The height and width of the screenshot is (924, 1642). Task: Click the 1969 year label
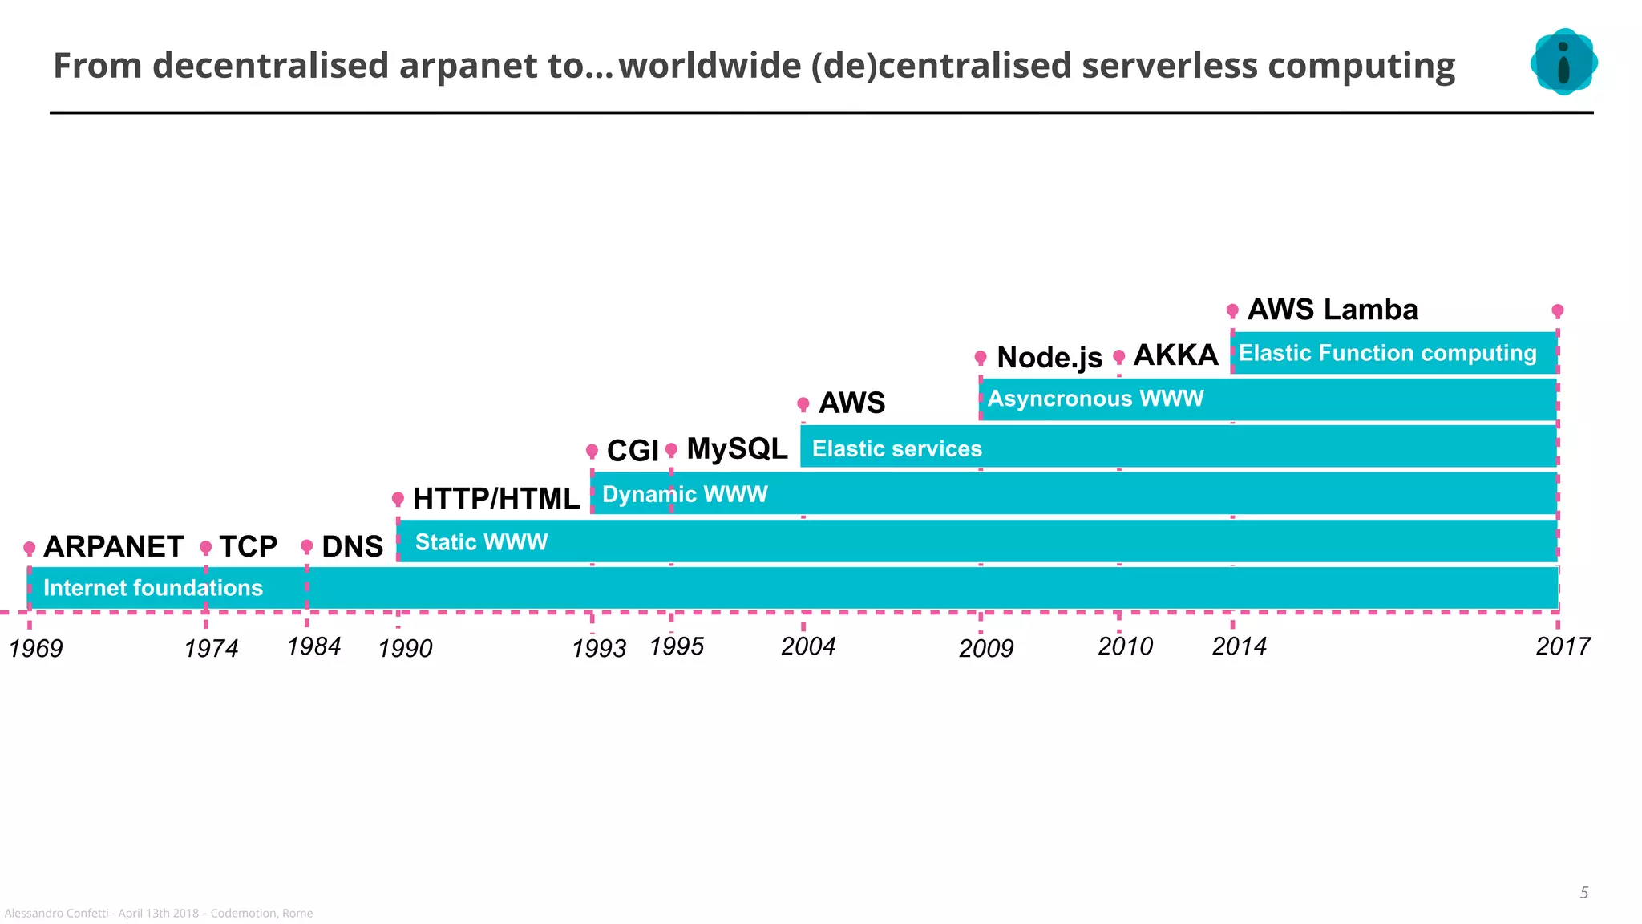pyautogui.click(x=36, y=648)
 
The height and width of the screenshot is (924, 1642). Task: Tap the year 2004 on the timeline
pyautogui.click(x=808, y=646)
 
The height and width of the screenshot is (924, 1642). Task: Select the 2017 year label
pyautogui.click(x=1563, y=646)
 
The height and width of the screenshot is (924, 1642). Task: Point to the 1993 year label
pyautogui.click(x=599, y=648)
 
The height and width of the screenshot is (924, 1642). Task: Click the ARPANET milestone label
pyautogui.click(x=113, y=547)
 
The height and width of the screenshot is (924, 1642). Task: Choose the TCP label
pyautogui.click(x=248, y=547)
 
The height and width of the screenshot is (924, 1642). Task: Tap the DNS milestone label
pyautogui.click(x=352, y=547)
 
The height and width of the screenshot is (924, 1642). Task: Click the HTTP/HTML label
pyautogui.click(x=495, y=499)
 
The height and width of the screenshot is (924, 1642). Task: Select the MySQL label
pyautogui.click(x=737, y=449)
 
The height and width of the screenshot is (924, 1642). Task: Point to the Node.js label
pyautogui.click(x=1050, y=357)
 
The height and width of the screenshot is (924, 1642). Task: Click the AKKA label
pyautogui.click(x=1175, y=355)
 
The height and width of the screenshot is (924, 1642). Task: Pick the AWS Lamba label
pyautogui.click(x=1333, y=310)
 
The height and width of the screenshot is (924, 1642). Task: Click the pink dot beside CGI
pyautogui.click(x=592, y=451)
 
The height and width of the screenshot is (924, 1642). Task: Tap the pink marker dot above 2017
pyautogui.click(x=1557, y=310)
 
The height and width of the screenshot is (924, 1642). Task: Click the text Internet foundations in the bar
pyautogui.click(x=153, y=588)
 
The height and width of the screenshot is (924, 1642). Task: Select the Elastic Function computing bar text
pyautogui.click(x=1387, y=353)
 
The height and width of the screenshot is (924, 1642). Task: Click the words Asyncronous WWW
pyautogui.click(x=1095, y=399)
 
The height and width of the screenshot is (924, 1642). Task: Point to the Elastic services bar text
pyautogui.click(x=896, y=448)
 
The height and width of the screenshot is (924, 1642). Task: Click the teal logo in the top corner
pyautogui.click(x=1563, y=62)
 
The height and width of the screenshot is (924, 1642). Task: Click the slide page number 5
pyautogui.click(x=1583, y=893)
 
